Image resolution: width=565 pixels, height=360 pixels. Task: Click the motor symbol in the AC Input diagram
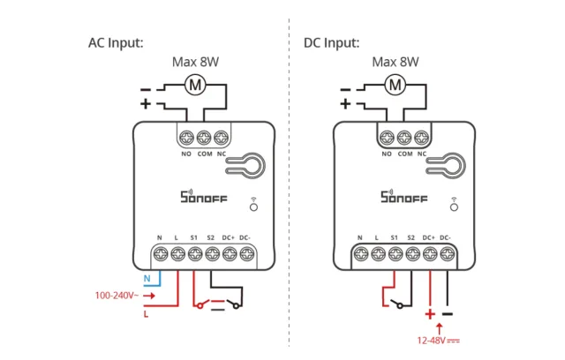click(x=195, y=86)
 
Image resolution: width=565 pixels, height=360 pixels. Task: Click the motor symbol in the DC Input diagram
click(x=396, y=86)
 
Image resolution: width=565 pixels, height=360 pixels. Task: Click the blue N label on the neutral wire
click(x=148, y=279)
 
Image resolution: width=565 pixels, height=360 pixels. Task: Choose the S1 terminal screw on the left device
click(x=194, y=255)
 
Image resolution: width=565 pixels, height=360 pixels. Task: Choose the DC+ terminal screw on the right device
click(x=429, y=255)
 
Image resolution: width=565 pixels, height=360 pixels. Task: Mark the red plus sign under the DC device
click(x=430, y=314)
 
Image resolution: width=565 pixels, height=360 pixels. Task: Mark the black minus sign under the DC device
click(x=448, y=313)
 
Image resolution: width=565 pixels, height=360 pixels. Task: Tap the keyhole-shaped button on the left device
click(x=252, y=165)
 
